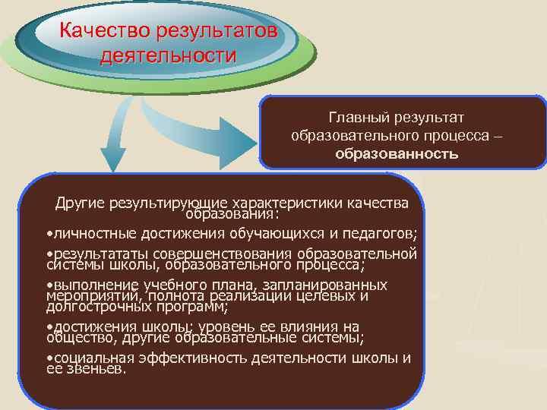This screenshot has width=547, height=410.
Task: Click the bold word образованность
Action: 397,154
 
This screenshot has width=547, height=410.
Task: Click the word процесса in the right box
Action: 456,136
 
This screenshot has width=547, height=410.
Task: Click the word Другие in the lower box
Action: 81,203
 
